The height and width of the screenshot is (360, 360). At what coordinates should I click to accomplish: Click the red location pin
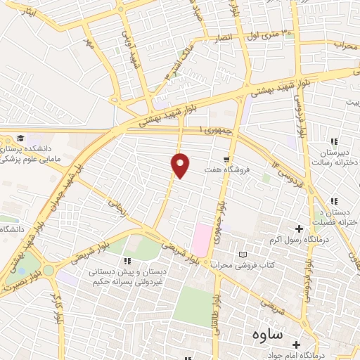click(x=181, y=165)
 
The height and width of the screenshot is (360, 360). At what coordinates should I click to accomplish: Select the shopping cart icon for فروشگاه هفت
click(x=226, y=159)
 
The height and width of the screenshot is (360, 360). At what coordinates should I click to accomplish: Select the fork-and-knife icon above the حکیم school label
click(x=127, y=262)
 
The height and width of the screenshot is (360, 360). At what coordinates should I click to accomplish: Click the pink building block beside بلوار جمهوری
click(x=201, y=239)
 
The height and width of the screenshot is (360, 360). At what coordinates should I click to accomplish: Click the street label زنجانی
click(x=117, y=207)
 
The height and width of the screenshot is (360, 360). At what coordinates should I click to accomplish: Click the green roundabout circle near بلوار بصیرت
click(x=48, y=270)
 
